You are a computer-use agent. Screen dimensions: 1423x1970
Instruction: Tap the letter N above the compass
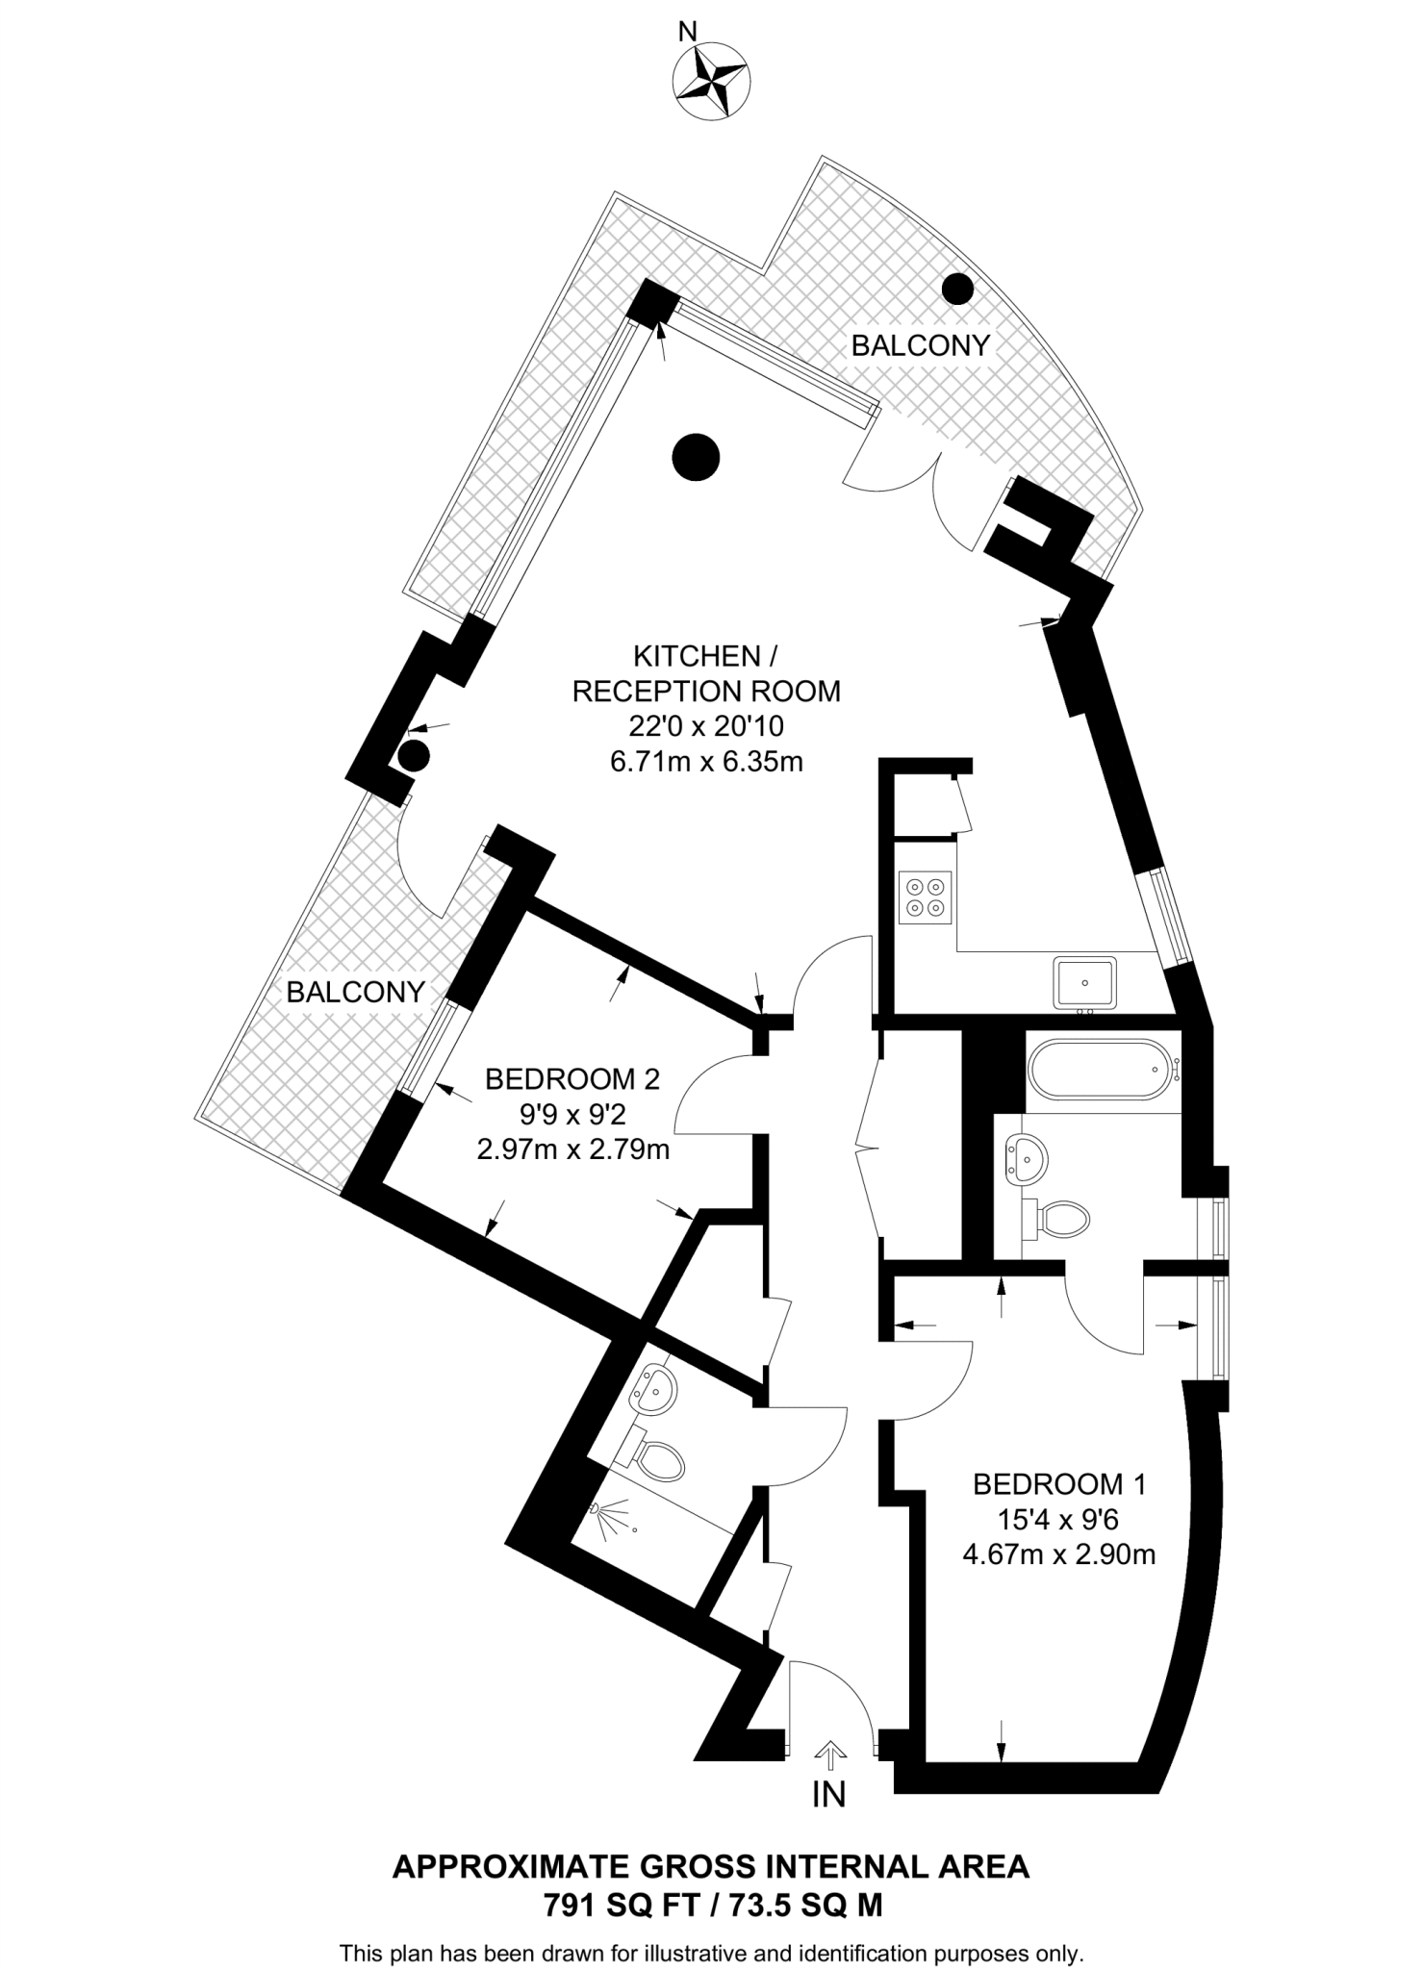coord(687,32)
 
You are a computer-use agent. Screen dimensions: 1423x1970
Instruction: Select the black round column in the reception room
coord(696,457)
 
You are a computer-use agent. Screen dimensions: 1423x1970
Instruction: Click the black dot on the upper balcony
coord(957,288)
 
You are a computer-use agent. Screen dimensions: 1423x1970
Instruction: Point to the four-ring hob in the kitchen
coord(925,897)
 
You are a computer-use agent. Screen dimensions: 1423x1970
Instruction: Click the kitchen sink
coord(1084,982)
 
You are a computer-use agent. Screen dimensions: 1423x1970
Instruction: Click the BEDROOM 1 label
coord(1059,1484)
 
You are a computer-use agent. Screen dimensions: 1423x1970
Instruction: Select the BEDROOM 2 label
coord(572,1079)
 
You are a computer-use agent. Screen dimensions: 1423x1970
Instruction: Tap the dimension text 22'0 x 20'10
coord(706,726)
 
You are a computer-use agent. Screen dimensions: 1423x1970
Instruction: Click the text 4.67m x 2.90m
coord(1059,1553)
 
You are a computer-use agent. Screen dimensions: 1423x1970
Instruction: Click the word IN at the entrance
coord(829,1794)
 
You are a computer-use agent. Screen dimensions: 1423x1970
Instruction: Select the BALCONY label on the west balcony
coord(355,992)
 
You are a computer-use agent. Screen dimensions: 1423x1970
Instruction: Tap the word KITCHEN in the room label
coord(697,656)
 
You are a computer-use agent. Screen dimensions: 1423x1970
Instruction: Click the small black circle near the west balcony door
coord(414,755)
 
